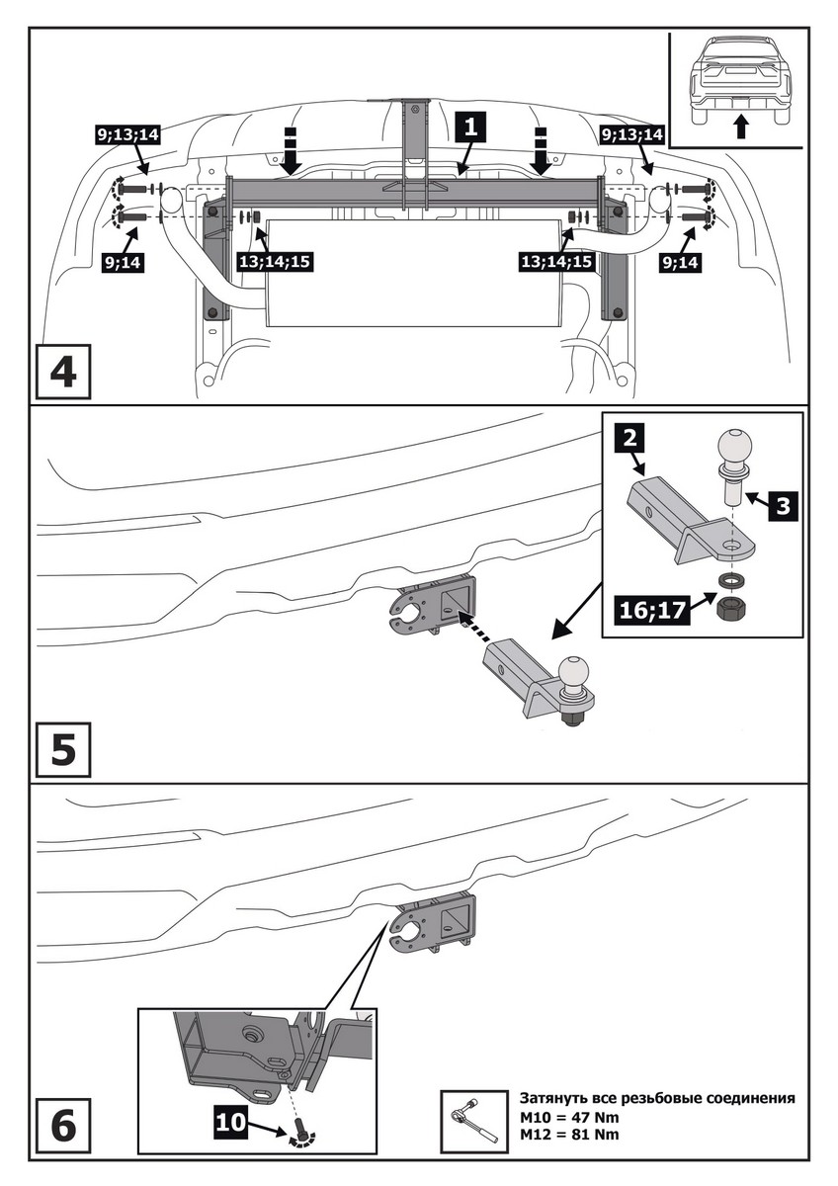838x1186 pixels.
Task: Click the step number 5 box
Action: click(63, 749)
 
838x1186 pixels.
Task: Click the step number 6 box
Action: click(63, 1124)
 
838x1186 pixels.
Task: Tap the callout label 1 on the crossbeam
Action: click(470, 127)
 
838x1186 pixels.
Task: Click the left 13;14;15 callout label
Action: click(275, 262)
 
